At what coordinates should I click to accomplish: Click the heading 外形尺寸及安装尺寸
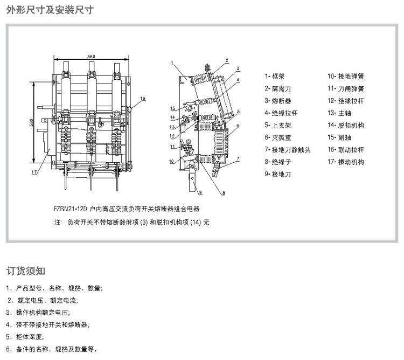click(x=46, y=10)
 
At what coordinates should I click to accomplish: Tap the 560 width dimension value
click(x=91, y=57)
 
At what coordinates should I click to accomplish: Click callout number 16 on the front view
click(x=143, y=99)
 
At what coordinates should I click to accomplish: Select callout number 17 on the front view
click(x=34, y=172)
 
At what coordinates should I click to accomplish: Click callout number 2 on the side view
click(x=227, y=60)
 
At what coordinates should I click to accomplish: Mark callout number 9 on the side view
click(x=200, y=192)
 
